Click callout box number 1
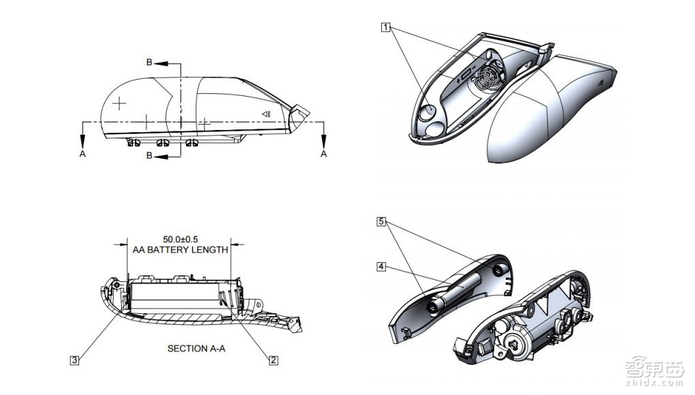pos(385,27)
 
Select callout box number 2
pos(274,360)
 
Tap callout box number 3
pos(74,360)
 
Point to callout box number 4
pos(381,267)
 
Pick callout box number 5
pos(381,221)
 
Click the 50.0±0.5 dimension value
pos(180,240)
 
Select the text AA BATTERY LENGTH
pos(180,250)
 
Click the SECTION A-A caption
pos(196,349)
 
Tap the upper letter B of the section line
pos(149,63)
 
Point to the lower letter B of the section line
pos(149,155)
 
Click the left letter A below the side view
pos(82,154)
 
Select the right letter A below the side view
pos(323,154)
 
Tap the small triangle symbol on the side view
pos(265,114)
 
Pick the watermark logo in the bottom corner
pos(655,371)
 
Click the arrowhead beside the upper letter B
pos(161,63)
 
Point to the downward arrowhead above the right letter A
pos(323,141)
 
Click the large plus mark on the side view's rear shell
pos(119,104)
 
